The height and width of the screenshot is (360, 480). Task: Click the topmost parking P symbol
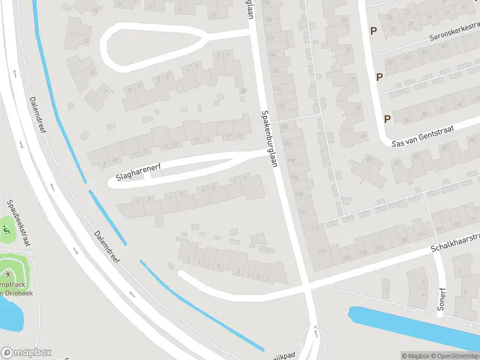(373, 31)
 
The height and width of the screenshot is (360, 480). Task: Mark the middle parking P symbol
(379, 76)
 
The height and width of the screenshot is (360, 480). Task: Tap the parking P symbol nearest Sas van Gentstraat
(387, 118)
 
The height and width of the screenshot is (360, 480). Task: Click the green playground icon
(6, 229)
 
